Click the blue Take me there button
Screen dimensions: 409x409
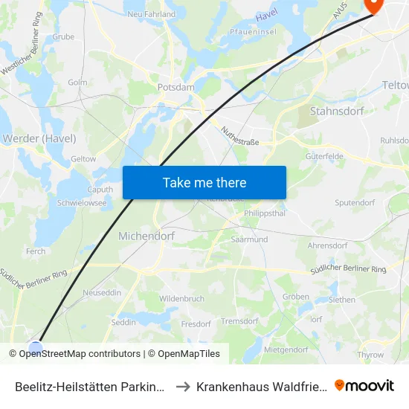[204, 182]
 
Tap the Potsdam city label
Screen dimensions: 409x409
[175, 87]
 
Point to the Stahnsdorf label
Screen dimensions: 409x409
[333, 112]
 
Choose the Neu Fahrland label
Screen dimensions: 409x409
[151, 14]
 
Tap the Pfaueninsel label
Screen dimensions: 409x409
[255, 33]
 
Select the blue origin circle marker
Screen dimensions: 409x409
[36, 347]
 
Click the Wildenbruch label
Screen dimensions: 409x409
[181, 298]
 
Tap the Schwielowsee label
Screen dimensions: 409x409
[82, 202]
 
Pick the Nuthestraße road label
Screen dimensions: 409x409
[239, 136]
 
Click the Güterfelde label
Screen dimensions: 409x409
[324, 157]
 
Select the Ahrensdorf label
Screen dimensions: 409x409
[327, 245]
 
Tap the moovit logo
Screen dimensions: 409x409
[364, 385]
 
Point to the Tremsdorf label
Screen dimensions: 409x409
[239, 321]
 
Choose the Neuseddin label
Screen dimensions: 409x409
[101, 292]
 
